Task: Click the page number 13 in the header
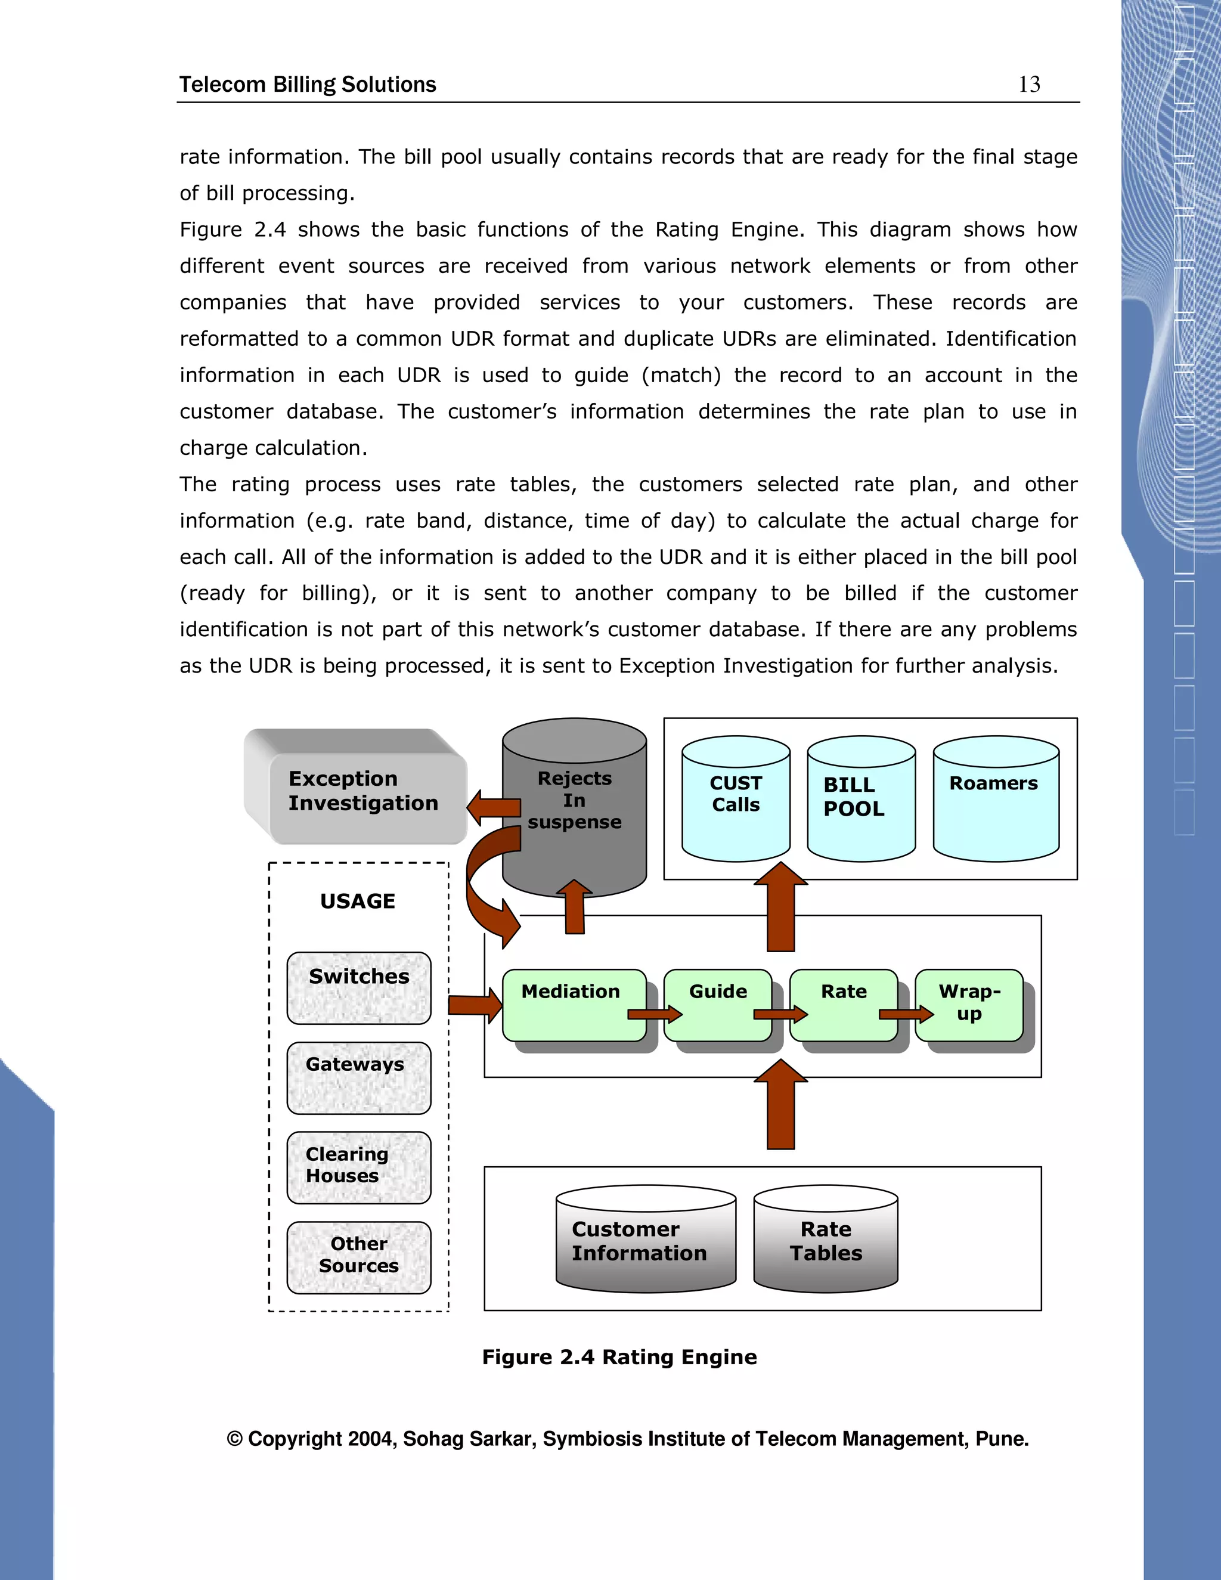tap(1028, 85)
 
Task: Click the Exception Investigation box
tap(363, 793)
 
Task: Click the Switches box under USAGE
tap(359, 987)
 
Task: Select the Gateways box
tap(359, 1077)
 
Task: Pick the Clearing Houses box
tap(359, 1167)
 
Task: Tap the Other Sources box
tap(359, 1257)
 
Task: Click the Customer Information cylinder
tap(645, 1241)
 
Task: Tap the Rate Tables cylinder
tap(825, 1241)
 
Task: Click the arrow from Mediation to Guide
tap(654, 1014)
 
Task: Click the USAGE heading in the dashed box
tap(358, 901)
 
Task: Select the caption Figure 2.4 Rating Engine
tap(619, 1356)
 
